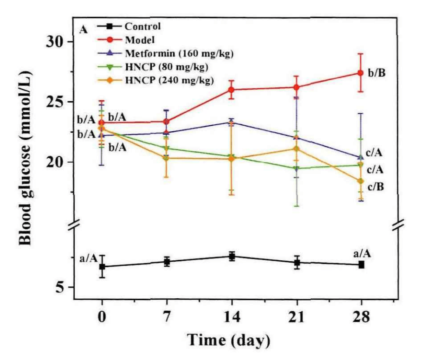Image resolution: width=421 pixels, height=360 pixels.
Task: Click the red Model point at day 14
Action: pyautogui.click(x=231, y=90)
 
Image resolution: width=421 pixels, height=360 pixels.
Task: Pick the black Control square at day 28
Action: pyautogui.click(x=361, y=264)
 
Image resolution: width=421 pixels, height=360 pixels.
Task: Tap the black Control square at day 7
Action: pyautogui.click(x=167, y=262)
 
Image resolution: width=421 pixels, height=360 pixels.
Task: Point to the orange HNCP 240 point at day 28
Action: pyautogui.click(x=361, y=181)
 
